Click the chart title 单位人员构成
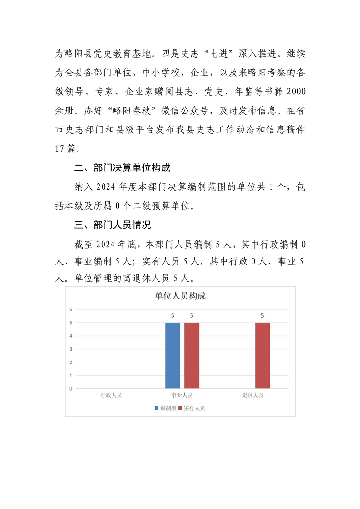(x=180, y=296)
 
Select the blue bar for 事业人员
(x=173, y=355)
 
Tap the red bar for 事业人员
(x=192, y=355)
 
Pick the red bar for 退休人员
(x=262, y=355)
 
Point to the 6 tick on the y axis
(x=71, y=309)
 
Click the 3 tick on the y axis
(x=71, y=349)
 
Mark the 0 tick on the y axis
(x=71, y=389)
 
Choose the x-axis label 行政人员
(x=111, y=396)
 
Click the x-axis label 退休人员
(x=253, y=396)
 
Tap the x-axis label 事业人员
(x=182, y=396)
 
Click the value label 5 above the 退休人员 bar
(x=262, y=315)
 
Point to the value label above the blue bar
(x=173, y=315)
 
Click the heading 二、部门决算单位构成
(x=123, y=168)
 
